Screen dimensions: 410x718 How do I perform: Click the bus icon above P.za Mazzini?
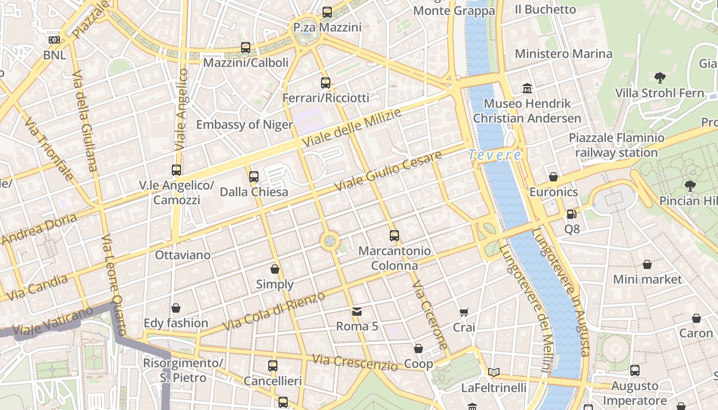point(327,12)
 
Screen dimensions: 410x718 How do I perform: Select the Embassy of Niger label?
point(245,125)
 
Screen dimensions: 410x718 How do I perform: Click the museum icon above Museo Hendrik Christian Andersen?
point(527,88)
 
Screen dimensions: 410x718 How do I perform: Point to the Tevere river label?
point(494,155)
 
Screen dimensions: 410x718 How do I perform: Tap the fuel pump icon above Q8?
point(572,214)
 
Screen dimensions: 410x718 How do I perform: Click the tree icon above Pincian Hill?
point(690,186)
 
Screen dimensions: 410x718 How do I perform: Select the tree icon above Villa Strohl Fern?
point(660,78)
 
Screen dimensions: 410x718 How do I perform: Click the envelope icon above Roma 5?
point(357,311)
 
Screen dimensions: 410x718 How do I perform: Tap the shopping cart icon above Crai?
point(464,312)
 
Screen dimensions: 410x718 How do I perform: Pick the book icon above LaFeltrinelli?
point(494,373)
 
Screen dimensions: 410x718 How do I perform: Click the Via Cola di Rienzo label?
point(274,311)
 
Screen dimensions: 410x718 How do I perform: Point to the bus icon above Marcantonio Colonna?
point(394,236)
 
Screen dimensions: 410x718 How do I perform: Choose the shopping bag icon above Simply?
point(275,269)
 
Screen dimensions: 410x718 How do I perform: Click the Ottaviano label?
point(183,255)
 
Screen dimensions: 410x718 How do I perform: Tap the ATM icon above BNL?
point(54,40)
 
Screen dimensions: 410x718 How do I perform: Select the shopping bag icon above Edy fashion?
point(176,308)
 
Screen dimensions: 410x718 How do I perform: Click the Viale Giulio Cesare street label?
point(388,172)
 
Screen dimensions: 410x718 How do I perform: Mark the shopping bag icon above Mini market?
point(647,264)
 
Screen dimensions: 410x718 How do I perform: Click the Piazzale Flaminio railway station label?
point(616,145)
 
